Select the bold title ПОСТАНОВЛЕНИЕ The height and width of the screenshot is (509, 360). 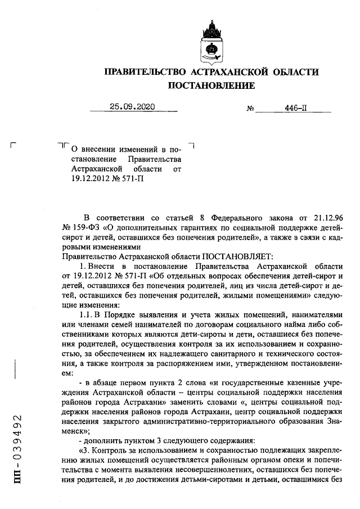pos(211,85)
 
